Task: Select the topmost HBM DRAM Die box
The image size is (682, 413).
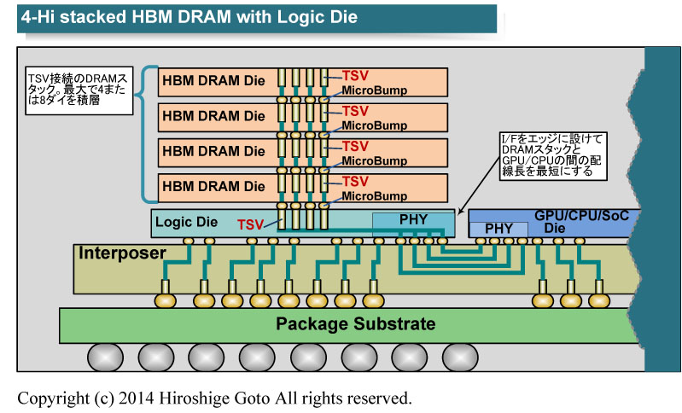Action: point(213,81)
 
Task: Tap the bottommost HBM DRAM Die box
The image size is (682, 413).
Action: point(213,186)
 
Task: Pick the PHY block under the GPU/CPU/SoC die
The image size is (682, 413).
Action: point(498,229)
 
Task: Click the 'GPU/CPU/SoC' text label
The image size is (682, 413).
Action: point(581,216)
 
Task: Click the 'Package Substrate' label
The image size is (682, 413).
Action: point(355,324)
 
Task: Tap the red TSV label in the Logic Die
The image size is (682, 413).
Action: point(250,225)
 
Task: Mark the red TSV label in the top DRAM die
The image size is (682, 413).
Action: point(355,76)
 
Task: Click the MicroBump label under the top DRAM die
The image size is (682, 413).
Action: point(373,90)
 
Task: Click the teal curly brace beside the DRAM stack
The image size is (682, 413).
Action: point(148,132)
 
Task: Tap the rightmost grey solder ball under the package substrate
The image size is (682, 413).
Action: point(461,356)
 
